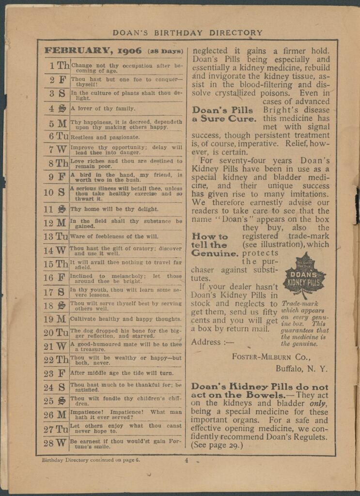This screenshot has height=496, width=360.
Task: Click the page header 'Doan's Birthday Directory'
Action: [x=188, y=33]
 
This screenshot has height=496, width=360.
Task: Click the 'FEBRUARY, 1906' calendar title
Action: [x=93, y=50]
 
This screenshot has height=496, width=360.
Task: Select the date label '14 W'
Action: [x=55, y=250]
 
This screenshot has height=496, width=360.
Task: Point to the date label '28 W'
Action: [x=55, y=443]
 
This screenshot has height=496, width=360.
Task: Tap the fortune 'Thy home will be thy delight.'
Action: [x=114, y=209]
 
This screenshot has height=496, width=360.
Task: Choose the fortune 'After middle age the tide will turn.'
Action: [x=125, y=373]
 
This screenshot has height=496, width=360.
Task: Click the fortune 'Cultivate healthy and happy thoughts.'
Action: [x=126, y=319]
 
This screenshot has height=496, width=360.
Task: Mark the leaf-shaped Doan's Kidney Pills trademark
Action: [x=304, y=275]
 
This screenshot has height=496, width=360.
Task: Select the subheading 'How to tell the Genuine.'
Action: [x=215, y=245]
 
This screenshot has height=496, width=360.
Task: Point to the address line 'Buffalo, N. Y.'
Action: [x=301, y=369]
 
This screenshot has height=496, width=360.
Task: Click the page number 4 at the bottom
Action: [x=186, y=461]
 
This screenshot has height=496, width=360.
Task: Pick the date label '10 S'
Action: [x=55, y=192]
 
